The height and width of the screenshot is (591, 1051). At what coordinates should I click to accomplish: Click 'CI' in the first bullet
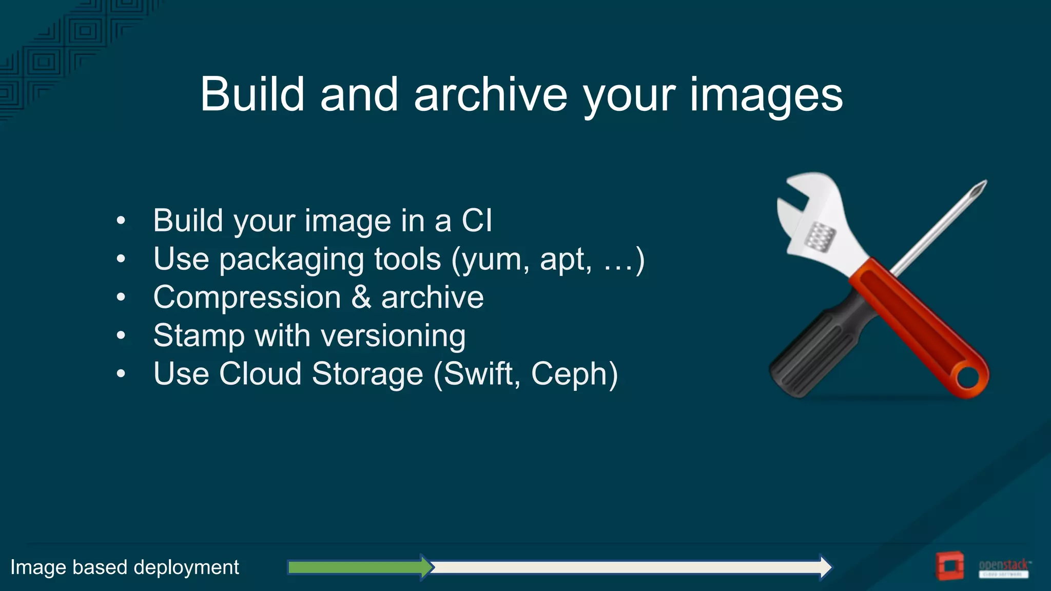[x=477, y=221]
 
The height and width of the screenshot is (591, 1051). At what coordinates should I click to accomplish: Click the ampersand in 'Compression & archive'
[x=361, y=297]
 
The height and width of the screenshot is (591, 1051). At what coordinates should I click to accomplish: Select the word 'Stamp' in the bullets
[x=199, y=337]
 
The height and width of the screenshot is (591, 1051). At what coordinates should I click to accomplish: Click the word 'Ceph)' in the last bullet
[x=574, y=374]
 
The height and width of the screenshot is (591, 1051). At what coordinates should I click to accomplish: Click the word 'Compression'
[x=247, y=298]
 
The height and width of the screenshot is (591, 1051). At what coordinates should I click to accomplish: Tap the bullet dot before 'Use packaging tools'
[x=121, y=259]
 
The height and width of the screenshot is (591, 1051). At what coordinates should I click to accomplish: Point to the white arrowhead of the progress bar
[x=825, y=567]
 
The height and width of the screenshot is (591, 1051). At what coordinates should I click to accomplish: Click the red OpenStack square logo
[x=949, y=566]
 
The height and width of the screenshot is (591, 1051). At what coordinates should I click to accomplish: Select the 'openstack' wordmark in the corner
[x=1004, y=565]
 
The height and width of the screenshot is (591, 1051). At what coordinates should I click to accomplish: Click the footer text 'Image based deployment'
[x=125, y=567]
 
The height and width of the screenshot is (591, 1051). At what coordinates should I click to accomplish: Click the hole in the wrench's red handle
[x=968, y=379]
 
